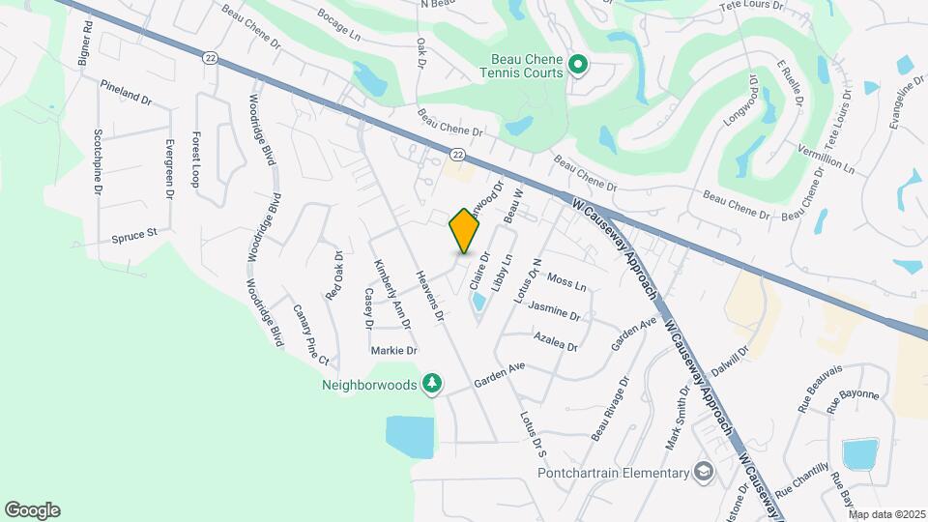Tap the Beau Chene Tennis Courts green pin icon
click(578, 66)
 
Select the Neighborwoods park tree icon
click(433, 384)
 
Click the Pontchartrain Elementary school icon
click(704, 472)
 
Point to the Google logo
click(32, 510)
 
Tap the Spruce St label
click(133, 235)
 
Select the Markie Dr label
click(393, 350)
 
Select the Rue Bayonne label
click(854, 394)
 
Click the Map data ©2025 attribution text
click(887, 514)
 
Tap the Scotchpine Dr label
click(98, 161)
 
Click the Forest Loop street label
click(195, 159)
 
